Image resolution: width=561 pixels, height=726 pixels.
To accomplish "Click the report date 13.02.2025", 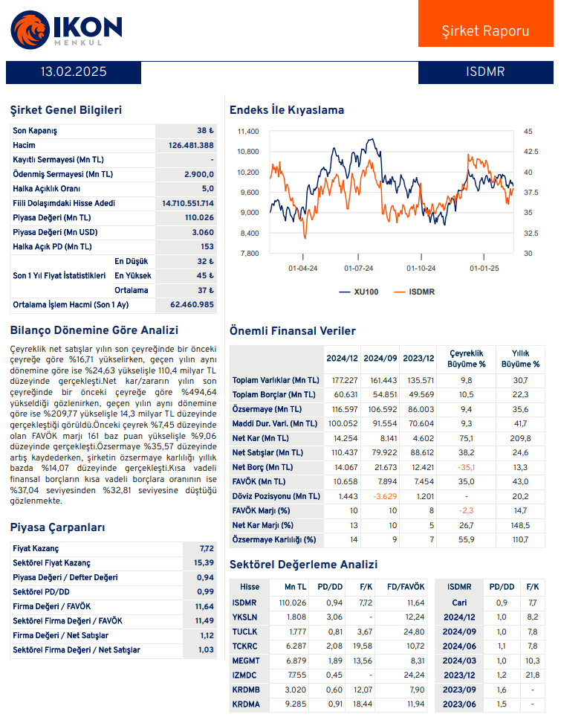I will pyautogui.click(x=74, y=72).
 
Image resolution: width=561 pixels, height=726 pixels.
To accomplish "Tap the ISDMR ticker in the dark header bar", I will pyautogui.click(x=485, y=72).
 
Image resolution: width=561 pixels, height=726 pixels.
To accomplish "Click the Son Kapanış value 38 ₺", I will pyautogui.click(x=205, y=131).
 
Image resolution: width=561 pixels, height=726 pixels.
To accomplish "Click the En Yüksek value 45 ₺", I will pyautogui.click(x=205, y=276).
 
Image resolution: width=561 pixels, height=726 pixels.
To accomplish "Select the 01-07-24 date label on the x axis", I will pyautogui.click(x=358, y=268).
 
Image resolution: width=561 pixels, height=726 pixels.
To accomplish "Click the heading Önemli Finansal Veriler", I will pyautogui.click(x=292, y=331).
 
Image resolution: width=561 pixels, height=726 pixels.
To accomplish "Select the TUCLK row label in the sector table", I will pyautogui.click(x=245, y=632).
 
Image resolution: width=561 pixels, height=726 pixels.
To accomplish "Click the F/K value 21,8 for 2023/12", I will pyautogui.click(x=532, y=675).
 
